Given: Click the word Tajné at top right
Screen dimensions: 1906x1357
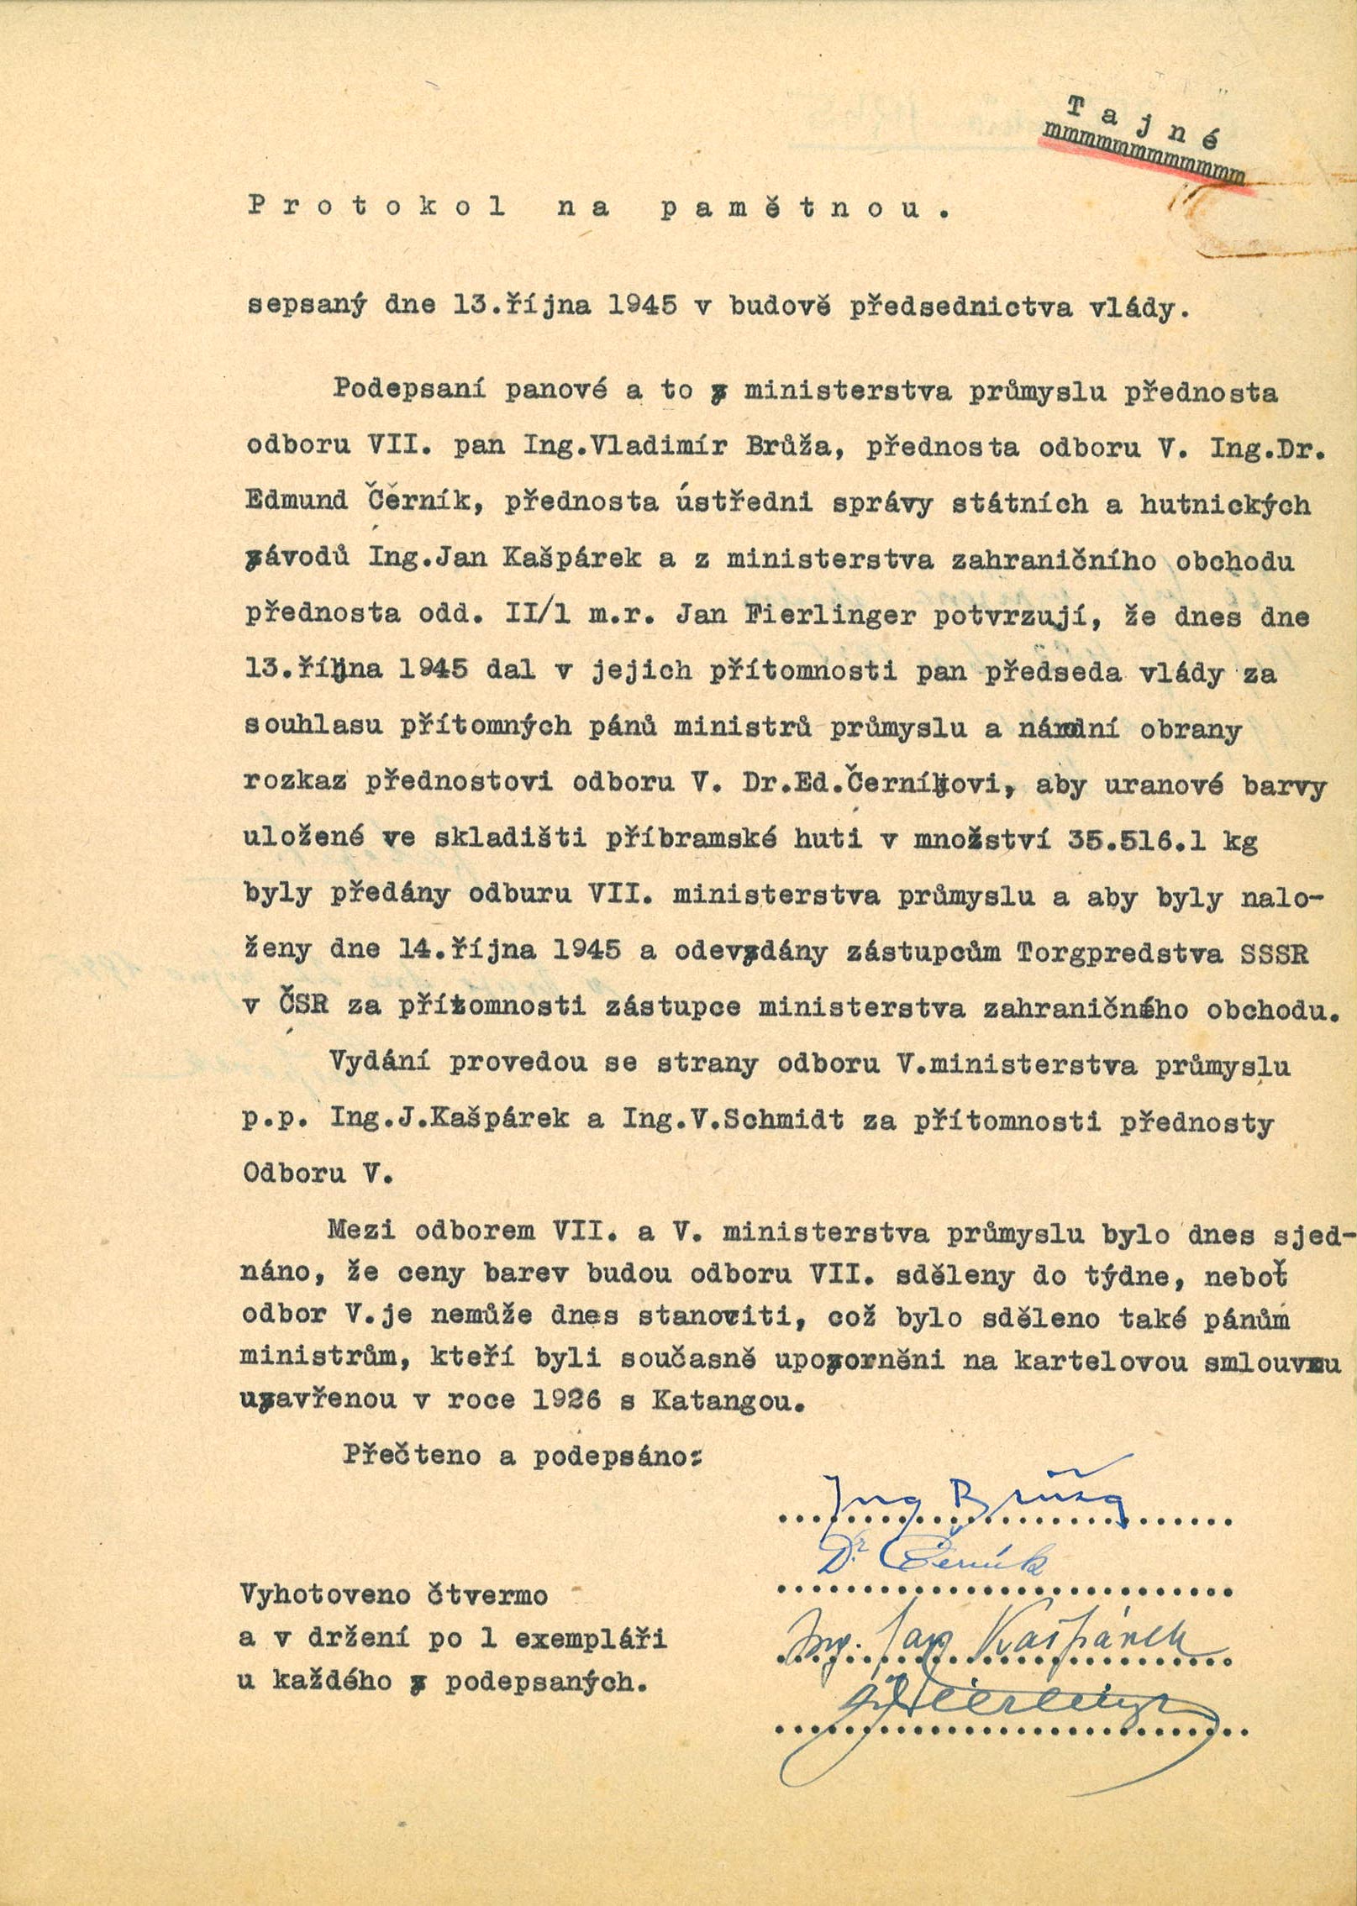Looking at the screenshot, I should [x=1143, y=122].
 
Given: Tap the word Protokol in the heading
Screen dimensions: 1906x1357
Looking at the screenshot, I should [x=377, y=207].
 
